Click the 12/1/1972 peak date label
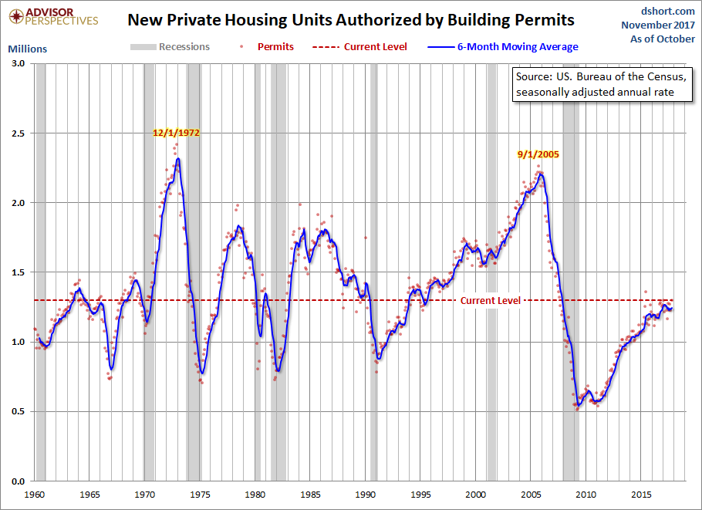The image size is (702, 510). (177, 133)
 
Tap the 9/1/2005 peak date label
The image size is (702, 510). (538, 154)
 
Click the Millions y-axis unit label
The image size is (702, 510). (27, 49)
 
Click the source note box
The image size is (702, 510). (601, 85)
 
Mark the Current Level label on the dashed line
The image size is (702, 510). (491, 300)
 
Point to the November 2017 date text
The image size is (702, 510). (659, 25)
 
